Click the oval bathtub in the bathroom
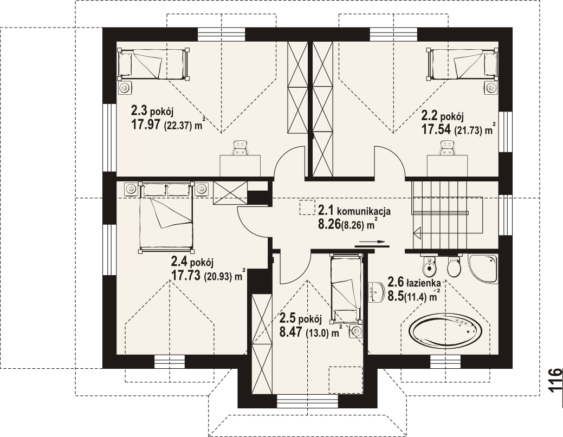coord(445,330)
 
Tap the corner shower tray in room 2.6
coord(483,269)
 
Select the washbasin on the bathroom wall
coord(376,291)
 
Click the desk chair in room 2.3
coord(240,148)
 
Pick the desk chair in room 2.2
coord(448,148)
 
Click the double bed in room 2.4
coord(166,217)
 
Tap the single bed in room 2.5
coord(345,286)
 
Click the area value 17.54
coord(436,129)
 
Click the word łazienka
coord(424,283)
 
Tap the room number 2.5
coord(287,318)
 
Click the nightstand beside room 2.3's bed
coord(125,87)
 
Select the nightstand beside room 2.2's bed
coord(490,87)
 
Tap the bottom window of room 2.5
coord(308,401)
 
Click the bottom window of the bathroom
coord(445,361)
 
